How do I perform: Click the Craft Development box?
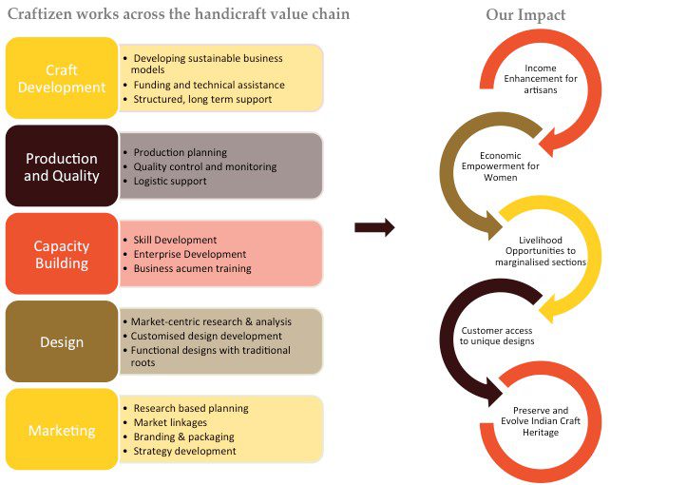(62, 78)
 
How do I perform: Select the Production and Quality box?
(62, 165)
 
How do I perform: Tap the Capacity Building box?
(62, 254)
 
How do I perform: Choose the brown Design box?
(62, 341)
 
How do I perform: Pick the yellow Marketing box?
(62, 429)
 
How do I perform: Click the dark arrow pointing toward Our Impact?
(374, 227)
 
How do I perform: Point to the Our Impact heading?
(525, 14)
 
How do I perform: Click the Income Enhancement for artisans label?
(541, 79)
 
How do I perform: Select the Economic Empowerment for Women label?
(501, 166)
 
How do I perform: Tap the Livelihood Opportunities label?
(541, 251)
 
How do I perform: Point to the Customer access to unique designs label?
(497, 336)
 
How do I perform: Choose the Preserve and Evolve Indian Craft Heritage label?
(541, 421)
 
